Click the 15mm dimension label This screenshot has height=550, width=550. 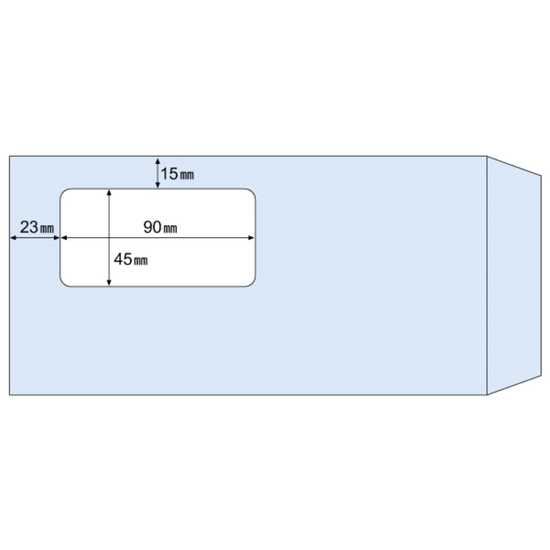177,174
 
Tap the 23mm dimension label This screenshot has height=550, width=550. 37,227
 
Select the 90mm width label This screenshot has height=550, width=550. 160,227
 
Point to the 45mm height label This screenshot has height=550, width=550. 131,259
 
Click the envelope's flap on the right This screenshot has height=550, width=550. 514,276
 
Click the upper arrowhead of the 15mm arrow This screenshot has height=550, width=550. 158,161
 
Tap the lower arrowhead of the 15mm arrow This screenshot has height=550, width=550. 158,185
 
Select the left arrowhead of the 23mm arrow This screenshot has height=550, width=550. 13,238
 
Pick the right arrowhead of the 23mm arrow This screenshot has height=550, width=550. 57,238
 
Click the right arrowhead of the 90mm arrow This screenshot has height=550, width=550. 251,238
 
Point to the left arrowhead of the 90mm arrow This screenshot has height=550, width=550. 64,238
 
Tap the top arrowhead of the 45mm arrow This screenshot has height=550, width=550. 109,193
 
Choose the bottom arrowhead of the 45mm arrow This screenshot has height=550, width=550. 109,283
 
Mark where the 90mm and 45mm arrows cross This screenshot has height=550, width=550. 109,238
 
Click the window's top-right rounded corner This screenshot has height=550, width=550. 252,192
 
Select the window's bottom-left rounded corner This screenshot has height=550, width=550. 63,284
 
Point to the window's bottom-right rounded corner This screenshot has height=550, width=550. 252,284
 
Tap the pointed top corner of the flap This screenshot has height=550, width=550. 541,175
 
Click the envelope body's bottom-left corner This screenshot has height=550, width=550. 10,395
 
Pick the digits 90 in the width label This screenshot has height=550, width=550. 153,227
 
